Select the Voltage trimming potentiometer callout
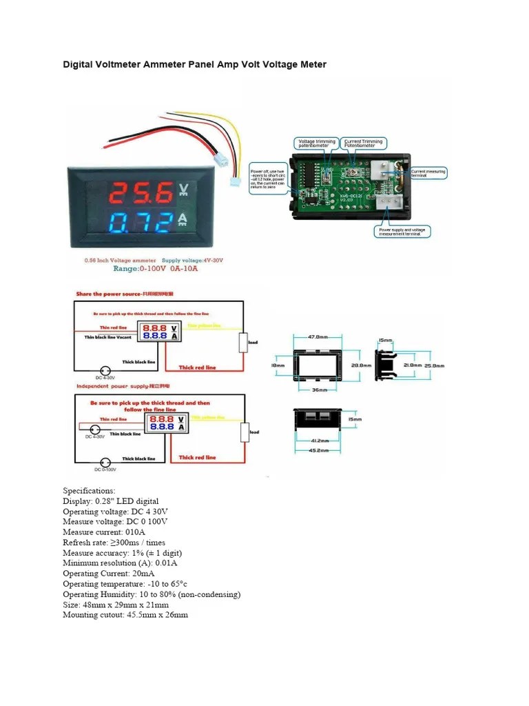(x=316, y=143)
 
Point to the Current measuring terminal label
(x=428, y=173)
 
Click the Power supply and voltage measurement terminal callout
(x=404, y=232)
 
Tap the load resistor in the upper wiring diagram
(x=243, y=342)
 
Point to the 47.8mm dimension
(x=318, y=337)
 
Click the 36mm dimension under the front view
(x=318, y=390)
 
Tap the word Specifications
(x=89, y=491)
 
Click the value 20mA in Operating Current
(x=141, y=574)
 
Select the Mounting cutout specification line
(x=125, y=615)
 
